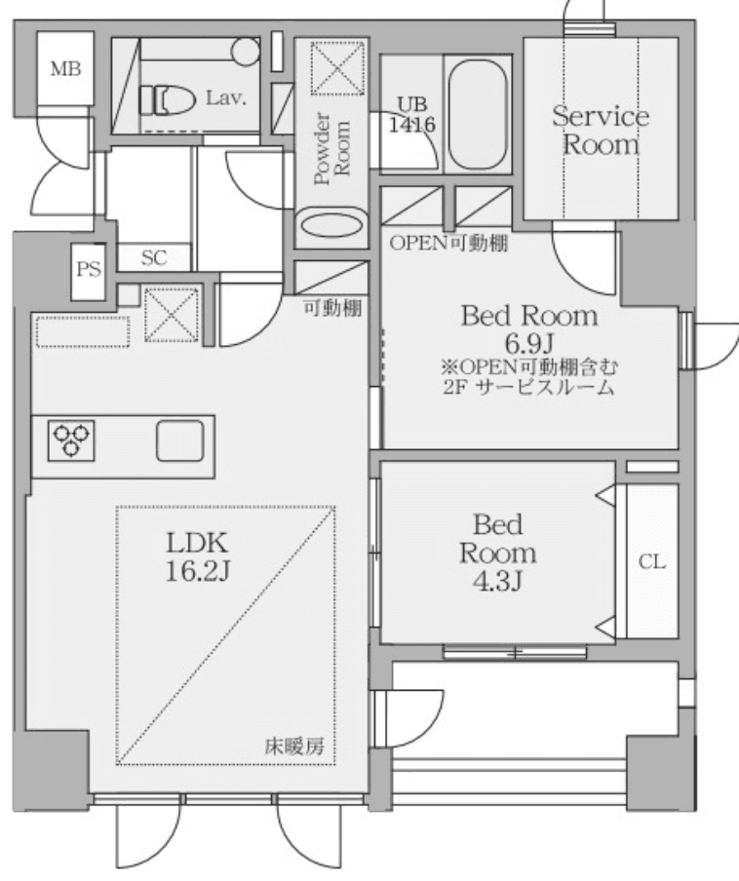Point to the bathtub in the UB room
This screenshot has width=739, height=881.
point(477,113)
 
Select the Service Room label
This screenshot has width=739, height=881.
point(600,131)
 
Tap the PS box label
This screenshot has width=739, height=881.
point(89,270)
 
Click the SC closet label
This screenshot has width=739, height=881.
point(154,258)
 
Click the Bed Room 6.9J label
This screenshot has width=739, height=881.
point(528,329)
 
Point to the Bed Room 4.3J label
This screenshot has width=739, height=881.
point(497,553)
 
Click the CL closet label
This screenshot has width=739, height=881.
point(651,562)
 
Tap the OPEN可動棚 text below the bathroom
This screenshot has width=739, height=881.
point(448,244)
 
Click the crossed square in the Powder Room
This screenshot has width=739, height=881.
point(332,68)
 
